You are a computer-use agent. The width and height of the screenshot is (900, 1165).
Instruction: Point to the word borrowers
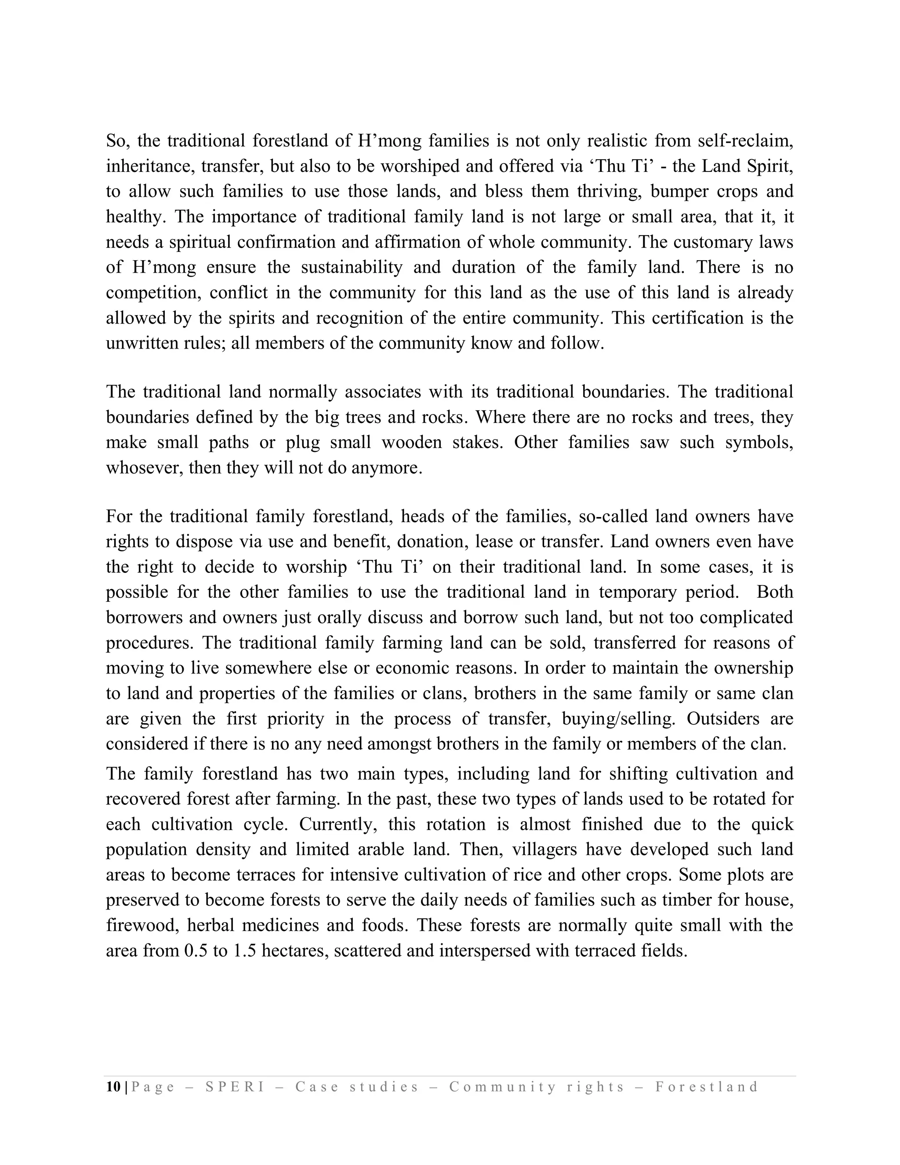[x=143, y=617]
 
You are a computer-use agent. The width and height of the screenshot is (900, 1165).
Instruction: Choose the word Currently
[x=338, y=824]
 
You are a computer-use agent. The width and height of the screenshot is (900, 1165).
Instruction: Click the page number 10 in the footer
[x=113, y=1087]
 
